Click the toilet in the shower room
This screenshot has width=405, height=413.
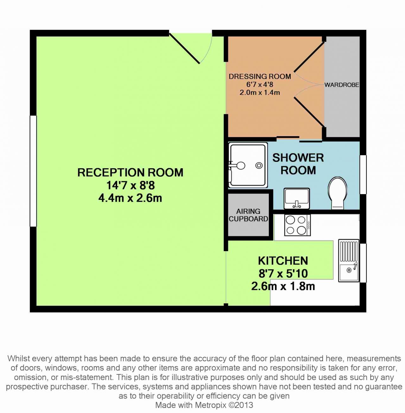[x=338, y=193]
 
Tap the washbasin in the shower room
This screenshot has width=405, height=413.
[x=297, y=198]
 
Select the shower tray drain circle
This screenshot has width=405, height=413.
[x=259, y=165]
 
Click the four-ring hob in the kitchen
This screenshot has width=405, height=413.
[x=297, y=225]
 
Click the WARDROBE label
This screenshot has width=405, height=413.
[x=342, y=85]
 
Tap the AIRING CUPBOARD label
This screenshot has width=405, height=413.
[x=248, y=215]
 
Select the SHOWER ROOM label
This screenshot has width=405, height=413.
[x=298, y=164]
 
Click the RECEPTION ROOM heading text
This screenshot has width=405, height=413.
[x=130, y=173]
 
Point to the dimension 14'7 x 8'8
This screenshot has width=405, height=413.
[x=130, y=185]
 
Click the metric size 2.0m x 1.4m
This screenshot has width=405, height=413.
[x=260, y=92]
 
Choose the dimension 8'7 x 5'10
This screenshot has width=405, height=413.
[x=283, y=273]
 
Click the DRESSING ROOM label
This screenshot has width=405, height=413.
[x=260, y=77]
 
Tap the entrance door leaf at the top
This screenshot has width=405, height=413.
[x=185, y=48]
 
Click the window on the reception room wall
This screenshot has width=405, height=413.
[x=33, y=171]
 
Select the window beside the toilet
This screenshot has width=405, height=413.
[x=363, y=175]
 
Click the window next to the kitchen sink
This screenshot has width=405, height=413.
[x=363, y=263]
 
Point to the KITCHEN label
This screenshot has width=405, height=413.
[x=283, y=261]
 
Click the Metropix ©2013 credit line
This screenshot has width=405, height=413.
[x=204, y=405]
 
